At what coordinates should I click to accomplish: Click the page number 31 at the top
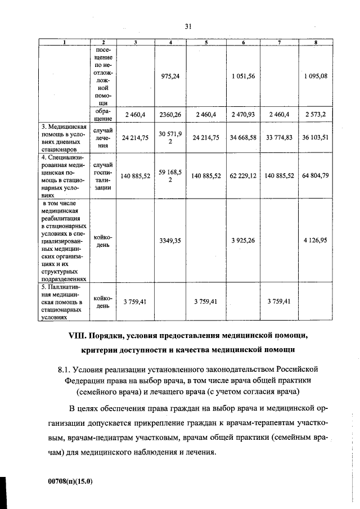point(188,26)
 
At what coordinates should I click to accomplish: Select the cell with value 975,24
point(170,76)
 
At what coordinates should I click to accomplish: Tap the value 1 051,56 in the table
point(243,76)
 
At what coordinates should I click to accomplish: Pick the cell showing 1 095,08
point(316,76)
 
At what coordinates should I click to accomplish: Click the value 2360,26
point(170,115)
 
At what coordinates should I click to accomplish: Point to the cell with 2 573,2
point(316,115)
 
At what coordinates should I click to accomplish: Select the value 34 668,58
point(243,137)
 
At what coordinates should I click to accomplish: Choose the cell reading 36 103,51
point(316,137)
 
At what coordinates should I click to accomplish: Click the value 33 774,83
point(280,137)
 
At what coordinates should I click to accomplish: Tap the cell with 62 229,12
point(243,176)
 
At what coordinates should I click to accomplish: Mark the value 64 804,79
point(316,176)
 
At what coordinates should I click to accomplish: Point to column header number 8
point(316,43)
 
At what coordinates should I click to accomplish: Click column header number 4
point(170,43)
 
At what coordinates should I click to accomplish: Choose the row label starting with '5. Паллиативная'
point(62,301)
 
